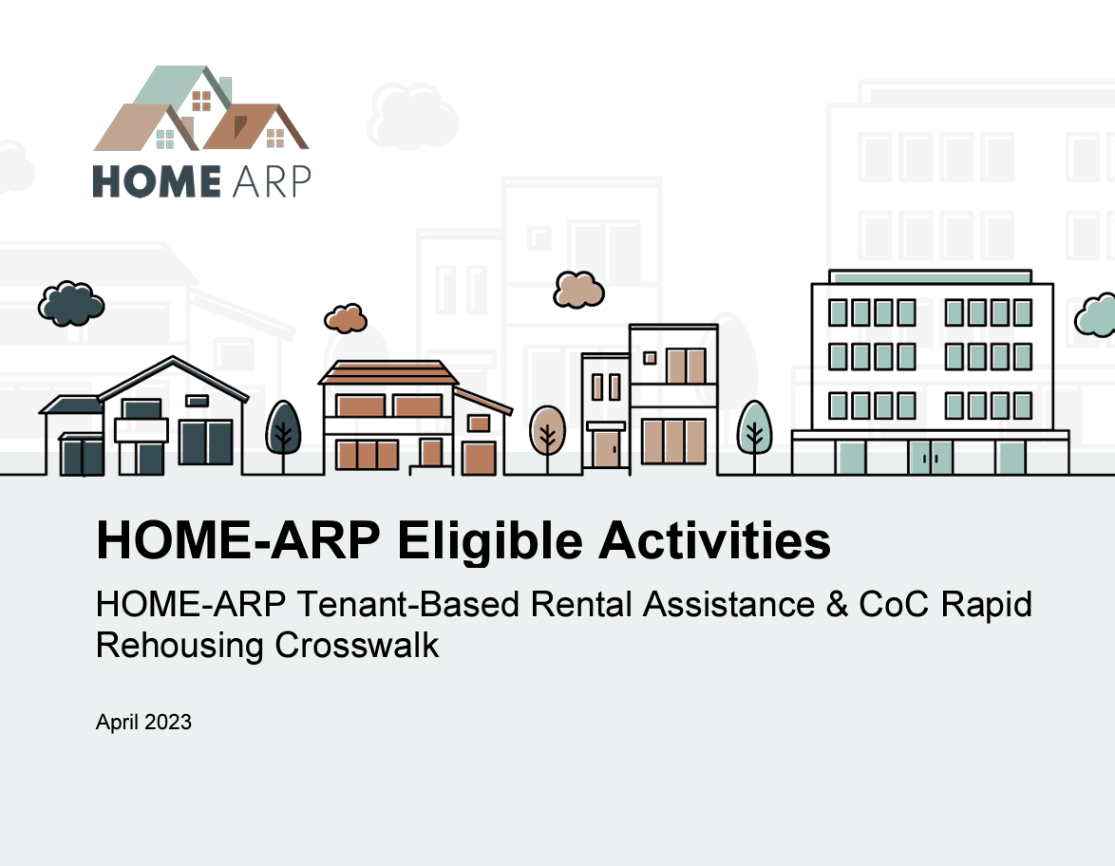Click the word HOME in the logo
tap(157, 181)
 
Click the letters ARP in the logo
tap(270, 181)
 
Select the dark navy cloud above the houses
tap(71, 304)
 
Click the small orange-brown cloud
tap(346, 318)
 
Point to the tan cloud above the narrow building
tap(578, 290)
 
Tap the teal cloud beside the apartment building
tap(1097, 315)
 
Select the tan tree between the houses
tap(547, 432)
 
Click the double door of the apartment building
tap(931, 457)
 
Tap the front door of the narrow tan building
tap(606, 449)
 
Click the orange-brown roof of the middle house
tap(387, 372)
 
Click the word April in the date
tap(117, 722)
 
